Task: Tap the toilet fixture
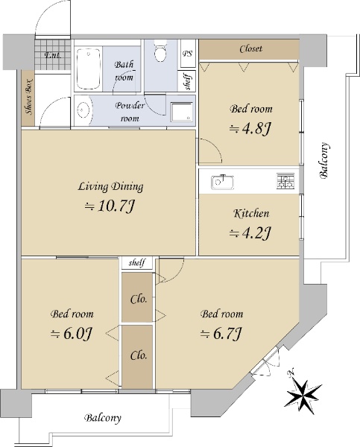[160, 51]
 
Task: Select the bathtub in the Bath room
[89, 69]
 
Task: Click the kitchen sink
[222, 182]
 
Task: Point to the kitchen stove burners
[285, 181]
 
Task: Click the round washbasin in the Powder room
[83, 110]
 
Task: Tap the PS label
[187, 54]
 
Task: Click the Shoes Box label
[29, 97]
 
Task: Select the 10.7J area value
[110, 206]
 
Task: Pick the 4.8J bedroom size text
[250, 129]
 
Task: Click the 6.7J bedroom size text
[221, 334]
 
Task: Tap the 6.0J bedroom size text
[71, 334]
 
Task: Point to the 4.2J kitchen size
[250, 233]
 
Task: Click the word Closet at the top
[250, 48]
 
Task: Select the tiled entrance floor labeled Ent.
[53, 54]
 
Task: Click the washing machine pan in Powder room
[182, 112]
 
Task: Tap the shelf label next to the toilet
[188, 81]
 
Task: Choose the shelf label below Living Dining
[137, 262]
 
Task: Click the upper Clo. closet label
[139, 299]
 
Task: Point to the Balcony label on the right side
[324, 160]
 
